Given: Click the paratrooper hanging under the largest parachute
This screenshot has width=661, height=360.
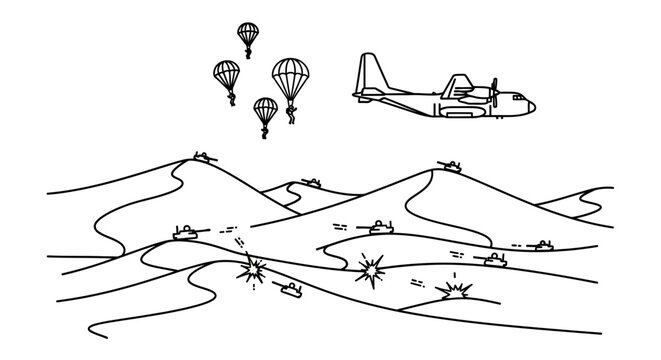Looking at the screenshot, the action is click(292, 114).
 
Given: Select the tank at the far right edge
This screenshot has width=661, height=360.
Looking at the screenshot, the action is click(543, 244).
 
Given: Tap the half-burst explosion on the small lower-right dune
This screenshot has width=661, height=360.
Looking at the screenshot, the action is click(456, 290).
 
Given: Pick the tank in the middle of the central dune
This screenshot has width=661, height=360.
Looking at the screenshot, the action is click(381, 229).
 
